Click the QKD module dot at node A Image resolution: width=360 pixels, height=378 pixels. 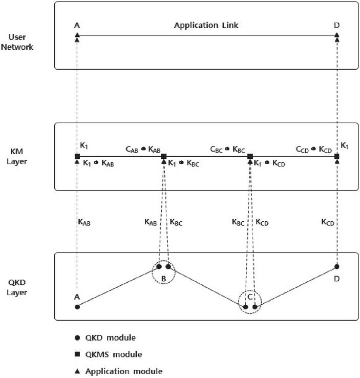tap(77, 307)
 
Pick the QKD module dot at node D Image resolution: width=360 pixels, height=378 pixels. tap(336, 266)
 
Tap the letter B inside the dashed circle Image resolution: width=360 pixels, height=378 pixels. tap(163, 279)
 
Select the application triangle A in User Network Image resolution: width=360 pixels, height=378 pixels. tap(77, 35)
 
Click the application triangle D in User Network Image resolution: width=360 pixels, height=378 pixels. tap(336, 35)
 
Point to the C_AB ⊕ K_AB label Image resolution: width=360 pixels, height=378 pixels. tap(143, 149)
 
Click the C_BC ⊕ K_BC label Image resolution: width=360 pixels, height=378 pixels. tap(228, 149)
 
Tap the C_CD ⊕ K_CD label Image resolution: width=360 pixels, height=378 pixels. tap(314, 149)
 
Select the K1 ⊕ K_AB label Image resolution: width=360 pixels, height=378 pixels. tap(99, 163)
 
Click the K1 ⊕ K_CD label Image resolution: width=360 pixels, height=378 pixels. tap(271, 163)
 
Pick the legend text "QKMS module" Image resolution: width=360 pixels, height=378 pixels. tap(113, 354)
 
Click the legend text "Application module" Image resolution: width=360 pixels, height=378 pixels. tap(124, 371)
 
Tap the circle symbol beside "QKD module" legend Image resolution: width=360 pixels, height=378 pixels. tap(77, 338)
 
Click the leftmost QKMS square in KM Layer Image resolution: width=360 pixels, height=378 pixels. tap(77, 156)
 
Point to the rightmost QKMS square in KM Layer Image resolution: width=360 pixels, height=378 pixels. tap(336, 156)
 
